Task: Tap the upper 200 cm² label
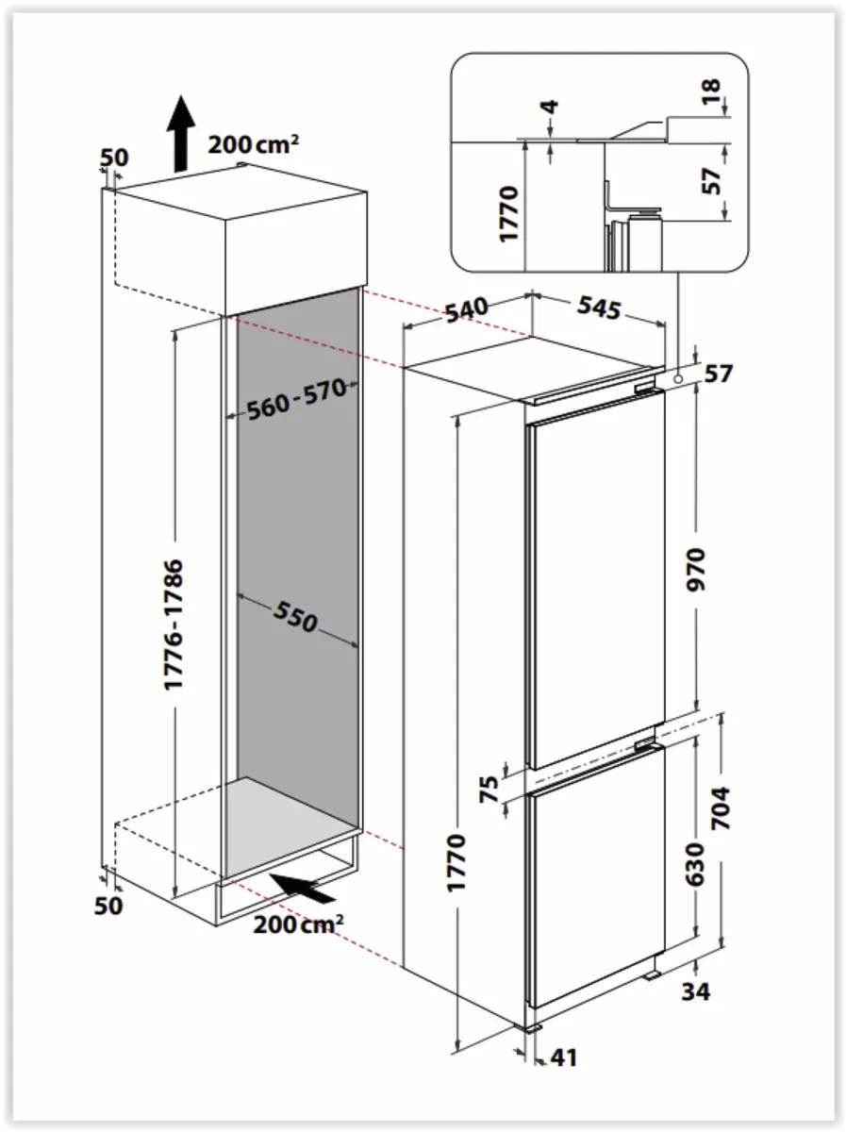pos(253,144)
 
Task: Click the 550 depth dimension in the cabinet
pos(296,617)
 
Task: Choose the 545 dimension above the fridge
pos(597,307)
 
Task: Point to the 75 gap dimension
pos(489,789)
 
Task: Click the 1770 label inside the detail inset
pos(509,213)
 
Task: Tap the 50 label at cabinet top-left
pos(113,158)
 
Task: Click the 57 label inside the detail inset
pos(713,178)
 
